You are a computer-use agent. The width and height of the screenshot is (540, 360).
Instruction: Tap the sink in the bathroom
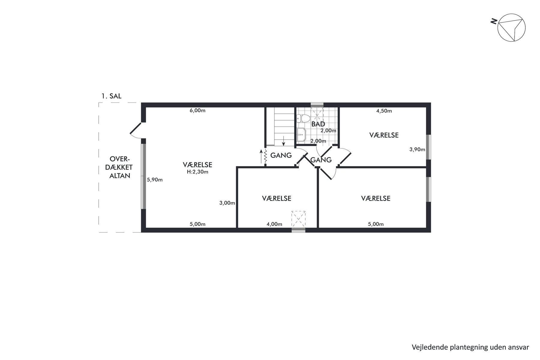tap(301, 135)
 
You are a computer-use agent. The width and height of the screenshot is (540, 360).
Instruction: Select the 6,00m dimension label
tap(197, 110)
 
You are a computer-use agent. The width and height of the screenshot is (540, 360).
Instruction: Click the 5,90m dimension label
tap(154, 180)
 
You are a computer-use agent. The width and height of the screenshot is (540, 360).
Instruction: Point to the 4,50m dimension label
tap(384, 111)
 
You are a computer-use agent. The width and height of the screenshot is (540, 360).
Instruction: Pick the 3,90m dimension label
tap(417, 149)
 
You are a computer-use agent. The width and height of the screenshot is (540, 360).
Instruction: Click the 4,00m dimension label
tap(274, 224)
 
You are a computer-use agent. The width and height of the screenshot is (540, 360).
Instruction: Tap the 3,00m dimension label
tap(227, 203)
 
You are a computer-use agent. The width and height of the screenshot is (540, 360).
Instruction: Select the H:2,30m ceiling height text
tap(197, 172)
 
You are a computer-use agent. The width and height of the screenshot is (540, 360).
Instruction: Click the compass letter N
tap(493, 21)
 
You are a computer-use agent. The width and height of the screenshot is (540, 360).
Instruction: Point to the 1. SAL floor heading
tap(111, 96)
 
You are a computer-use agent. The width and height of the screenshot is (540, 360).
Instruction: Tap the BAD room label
tap(318, 124)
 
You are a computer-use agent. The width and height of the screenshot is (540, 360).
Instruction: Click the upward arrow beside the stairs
tap(261, 156)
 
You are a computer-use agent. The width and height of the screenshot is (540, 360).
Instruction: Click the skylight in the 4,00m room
tap(298, 219)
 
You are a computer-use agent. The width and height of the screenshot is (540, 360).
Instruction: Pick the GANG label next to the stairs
tap(281, 155)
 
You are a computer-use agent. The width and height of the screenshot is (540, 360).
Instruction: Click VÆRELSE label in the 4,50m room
tap(384, 135)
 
